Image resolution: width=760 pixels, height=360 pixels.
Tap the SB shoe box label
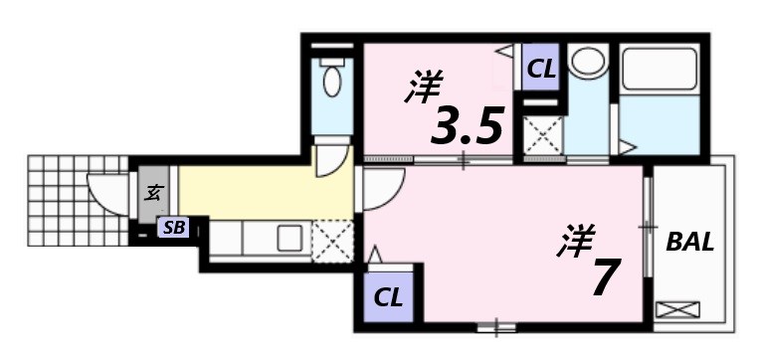coord(174,228)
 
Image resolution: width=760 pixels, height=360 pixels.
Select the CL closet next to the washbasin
coord(541,70)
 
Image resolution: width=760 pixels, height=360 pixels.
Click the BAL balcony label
coord(690,242)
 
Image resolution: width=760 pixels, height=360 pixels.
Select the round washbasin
coord(588,63)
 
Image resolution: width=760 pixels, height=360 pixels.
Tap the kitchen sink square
coord(290,239)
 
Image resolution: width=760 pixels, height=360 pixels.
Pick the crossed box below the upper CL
coord(542,135)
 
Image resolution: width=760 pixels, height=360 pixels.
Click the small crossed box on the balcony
coord(678,310)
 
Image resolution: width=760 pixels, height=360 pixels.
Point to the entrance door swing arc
coord(101,189)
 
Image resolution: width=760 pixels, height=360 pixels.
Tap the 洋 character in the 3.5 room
coord(423,88)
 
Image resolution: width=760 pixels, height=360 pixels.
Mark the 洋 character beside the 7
coord(576,242)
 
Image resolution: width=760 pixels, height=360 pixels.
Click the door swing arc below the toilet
coord(331,161)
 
